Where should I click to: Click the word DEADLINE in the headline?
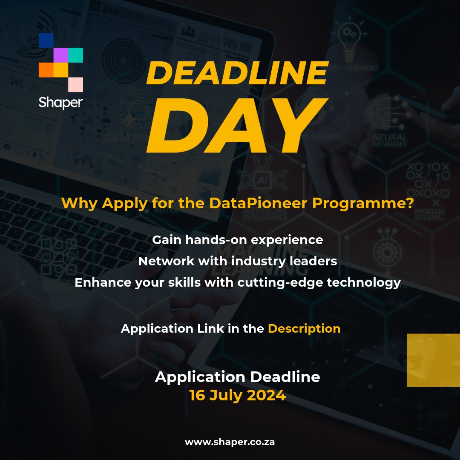coord(237,73)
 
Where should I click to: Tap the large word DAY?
coord(237,126)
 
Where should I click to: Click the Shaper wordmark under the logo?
coord(60,102)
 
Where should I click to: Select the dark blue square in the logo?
coord(46,40)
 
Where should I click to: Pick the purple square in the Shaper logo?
coord(60,55)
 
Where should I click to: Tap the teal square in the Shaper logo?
coord(75,55)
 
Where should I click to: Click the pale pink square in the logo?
coord(75,84)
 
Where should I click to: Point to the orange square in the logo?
coord(46,70)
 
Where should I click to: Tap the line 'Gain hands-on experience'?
coord(237,240)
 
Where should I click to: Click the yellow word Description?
coord(304,329)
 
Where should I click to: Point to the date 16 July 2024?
coord(237,395)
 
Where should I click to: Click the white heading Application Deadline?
coord(237,377)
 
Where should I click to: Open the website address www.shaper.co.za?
coord(230,442)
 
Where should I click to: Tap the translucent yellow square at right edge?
coord(433,360)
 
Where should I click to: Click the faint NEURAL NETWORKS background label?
coord(389,141)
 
